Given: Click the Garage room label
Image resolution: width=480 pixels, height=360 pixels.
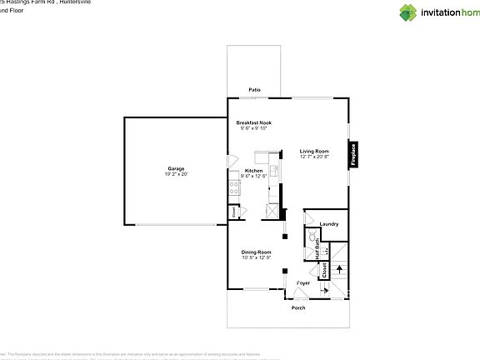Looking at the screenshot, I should pyautogui.click(x=176, y=168).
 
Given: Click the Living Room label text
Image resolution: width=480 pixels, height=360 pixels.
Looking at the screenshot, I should pyautogui.click(x=314, y=151).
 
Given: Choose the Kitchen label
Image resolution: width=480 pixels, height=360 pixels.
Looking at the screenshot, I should pyautogui.click(x=253, y=170).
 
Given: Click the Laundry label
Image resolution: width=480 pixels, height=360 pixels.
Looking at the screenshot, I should pyautogui.click(x=328, y=223).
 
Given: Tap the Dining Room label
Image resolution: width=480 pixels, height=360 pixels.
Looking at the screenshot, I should pyautogui.click(x=257, y=252).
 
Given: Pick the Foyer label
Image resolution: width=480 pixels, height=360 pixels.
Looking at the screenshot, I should pyautogui.click(x=303, y=283).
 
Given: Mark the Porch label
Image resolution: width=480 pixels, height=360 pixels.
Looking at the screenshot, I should pyautogui.click(x=297, y=308).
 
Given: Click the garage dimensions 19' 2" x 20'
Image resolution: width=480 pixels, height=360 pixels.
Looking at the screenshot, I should pyautogui.click(x=176, y=174).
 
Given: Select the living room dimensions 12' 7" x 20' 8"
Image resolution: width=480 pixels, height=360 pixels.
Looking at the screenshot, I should pyautogui.click(x=314, y=157).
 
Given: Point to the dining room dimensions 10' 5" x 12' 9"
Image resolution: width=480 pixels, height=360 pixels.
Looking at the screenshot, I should pyautogui.click(x=257, y=257).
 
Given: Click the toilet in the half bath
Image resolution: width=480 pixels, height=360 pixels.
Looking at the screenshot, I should pyautogui.click(x=312, y=237).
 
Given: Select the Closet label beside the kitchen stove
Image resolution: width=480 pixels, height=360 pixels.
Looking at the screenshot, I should pyautogui.click(x=234, y=212).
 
